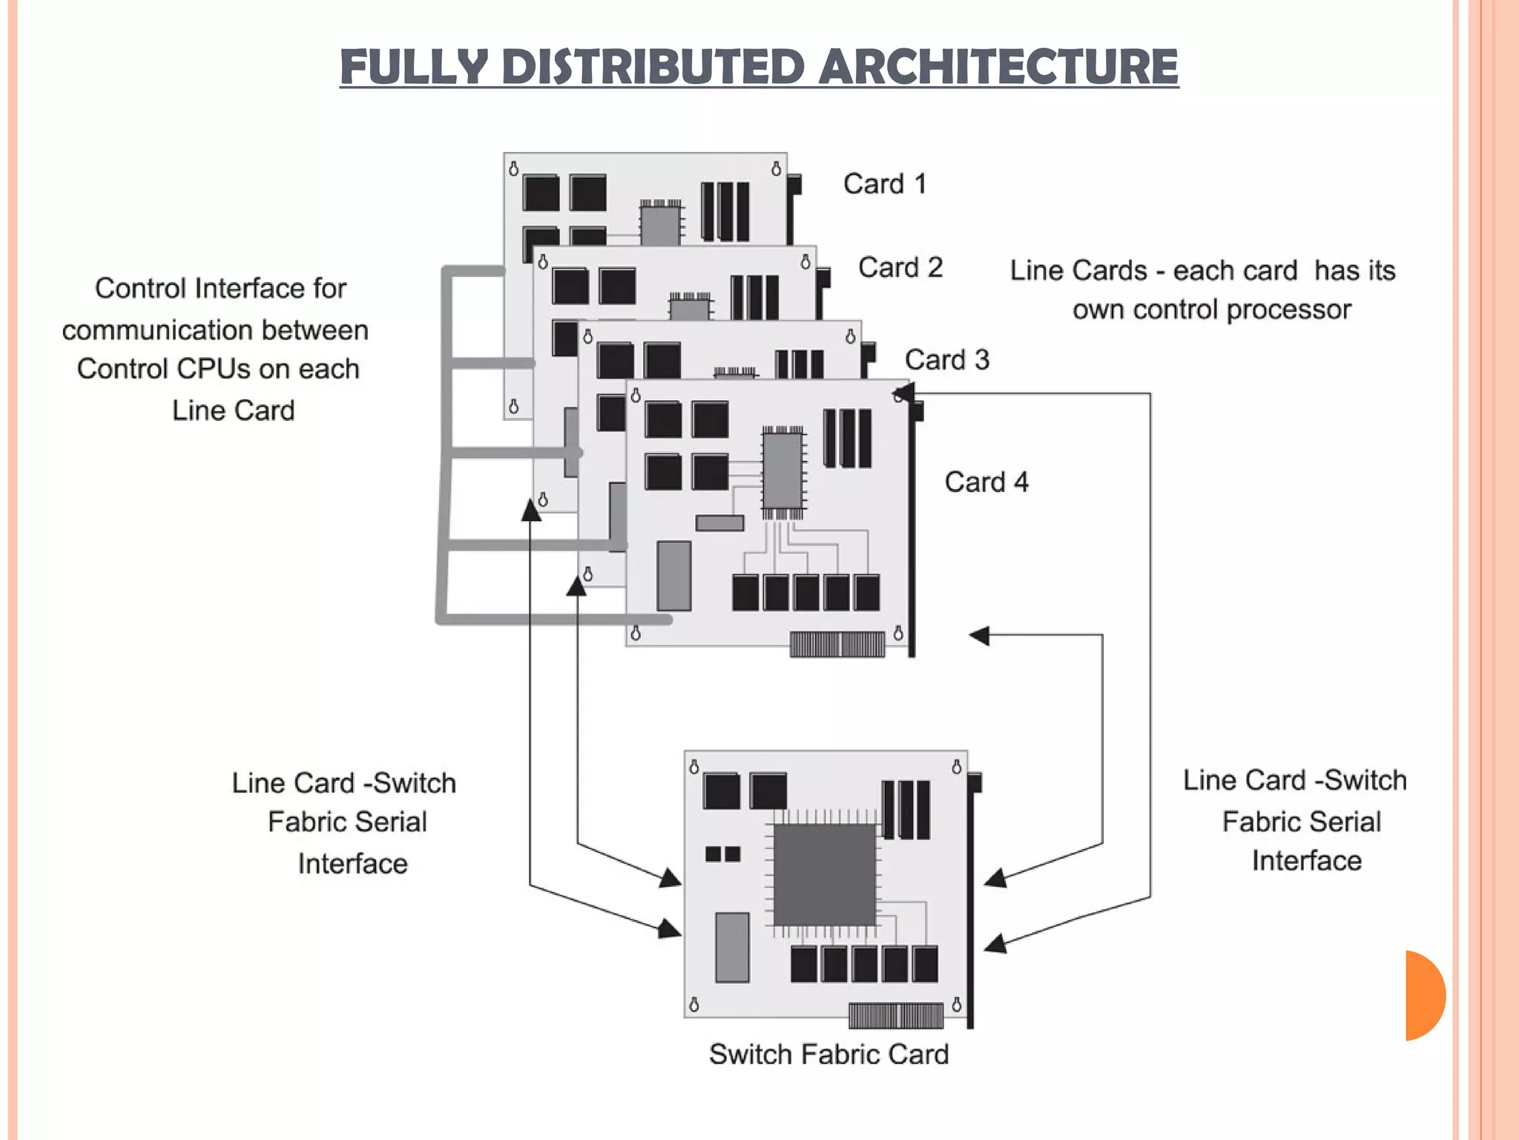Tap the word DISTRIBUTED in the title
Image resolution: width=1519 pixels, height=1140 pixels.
653,67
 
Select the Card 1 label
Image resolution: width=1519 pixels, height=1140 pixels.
885,184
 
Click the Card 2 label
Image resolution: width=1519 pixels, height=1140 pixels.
900,267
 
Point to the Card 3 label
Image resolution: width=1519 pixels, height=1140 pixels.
947,360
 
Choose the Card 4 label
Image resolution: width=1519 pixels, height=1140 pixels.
986,482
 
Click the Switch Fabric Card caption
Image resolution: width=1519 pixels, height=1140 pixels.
828,1054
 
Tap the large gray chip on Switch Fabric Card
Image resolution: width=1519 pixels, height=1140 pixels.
824,876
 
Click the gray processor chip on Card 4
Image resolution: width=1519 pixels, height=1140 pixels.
782,472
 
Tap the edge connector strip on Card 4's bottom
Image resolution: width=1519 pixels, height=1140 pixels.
837,644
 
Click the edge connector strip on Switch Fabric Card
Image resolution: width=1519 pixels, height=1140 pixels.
896,1015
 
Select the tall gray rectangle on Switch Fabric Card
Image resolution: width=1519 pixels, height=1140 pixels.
732,948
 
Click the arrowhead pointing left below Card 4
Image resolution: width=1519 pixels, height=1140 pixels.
980,635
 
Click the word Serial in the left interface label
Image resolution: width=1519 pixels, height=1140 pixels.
388,822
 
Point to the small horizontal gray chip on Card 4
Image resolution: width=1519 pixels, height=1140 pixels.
719,523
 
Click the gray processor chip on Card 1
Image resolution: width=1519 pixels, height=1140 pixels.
660,225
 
